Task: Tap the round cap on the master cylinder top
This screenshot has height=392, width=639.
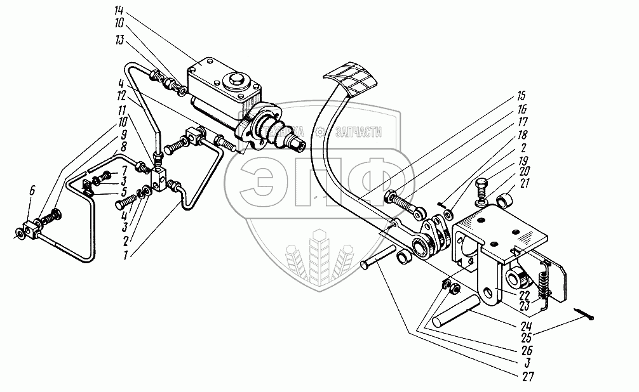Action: [x=236, y=80]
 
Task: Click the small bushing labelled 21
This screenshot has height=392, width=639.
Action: [x=504, y=202]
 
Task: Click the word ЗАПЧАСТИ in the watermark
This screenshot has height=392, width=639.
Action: [x=360, y=131]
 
